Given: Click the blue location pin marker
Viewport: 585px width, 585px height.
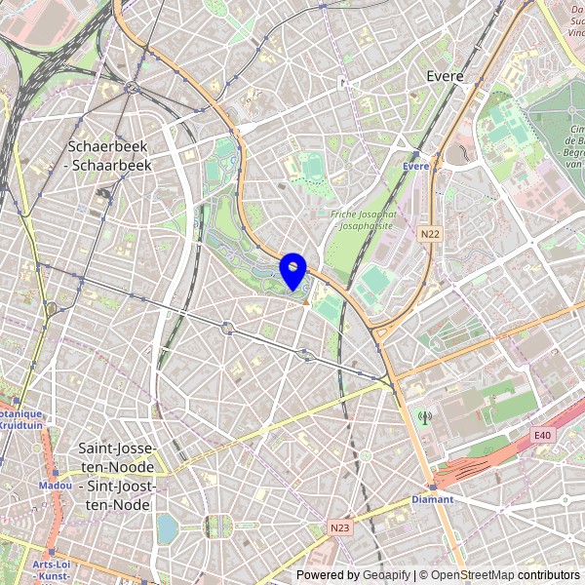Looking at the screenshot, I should tap(293, 270).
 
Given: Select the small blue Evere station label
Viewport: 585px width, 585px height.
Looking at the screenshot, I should tap(415, 167).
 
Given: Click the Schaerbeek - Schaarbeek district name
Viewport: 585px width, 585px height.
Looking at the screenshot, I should tap(108, 156).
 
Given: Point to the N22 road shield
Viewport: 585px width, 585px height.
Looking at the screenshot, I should tap(430, 234).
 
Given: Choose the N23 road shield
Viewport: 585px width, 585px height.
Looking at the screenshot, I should tap(339, 527).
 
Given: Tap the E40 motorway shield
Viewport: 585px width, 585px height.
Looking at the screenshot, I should tap(543, 435).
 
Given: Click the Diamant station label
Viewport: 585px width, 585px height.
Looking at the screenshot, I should tap(432, 499).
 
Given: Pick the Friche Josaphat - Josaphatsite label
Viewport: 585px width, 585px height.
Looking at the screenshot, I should tap(363, 220).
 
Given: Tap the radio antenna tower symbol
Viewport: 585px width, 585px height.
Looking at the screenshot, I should tap(424, 418).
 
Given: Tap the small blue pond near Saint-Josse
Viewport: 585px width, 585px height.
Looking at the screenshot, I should tap(167, 527).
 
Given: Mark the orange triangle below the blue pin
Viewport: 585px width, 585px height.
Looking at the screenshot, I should tap(305, 302).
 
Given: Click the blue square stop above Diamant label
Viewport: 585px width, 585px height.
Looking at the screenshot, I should tap(431, 487).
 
